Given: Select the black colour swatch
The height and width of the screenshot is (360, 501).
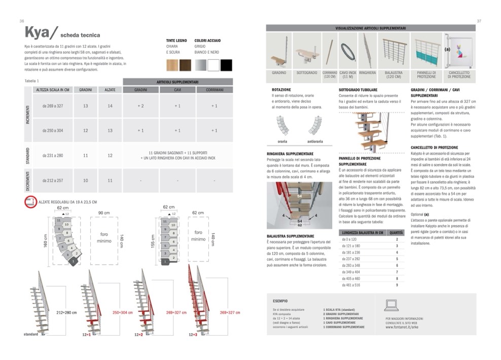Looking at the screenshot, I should click(226, 65).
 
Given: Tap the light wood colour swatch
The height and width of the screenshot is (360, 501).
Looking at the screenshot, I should click(172, 65).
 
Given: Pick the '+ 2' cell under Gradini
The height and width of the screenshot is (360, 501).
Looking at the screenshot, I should click(140, 106).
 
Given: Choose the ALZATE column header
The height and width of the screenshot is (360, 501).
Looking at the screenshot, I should click(110, 90).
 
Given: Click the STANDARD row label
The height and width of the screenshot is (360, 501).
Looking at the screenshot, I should click(28, 155).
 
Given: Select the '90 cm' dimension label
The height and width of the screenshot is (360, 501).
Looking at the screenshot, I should click(103, 212).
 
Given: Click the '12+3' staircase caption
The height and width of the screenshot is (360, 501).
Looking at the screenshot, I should click(193, 335).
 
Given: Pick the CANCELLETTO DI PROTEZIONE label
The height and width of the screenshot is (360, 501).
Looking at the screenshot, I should click(459, 75).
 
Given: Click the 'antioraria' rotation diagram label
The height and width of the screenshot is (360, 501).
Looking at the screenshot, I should click(315, 141).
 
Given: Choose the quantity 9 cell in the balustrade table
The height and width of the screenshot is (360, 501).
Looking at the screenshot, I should click(397, 285).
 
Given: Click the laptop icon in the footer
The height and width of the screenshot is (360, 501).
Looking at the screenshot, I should click(391, 305).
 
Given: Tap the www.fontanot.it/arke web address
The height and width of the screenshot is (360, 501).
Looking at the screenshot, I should click(401, 328).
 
